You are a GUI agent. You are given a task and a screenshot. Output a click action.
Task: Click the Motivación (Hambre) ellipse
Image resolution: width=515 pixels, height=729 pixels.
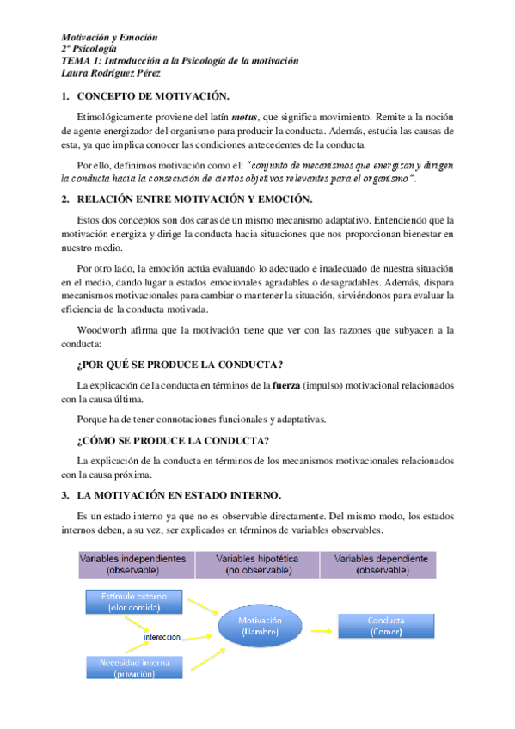[x=260, y=627]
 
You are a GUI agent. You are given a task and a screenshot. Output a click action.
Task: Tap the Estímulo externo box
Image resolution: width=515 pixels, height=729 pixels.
[x=132, y=602]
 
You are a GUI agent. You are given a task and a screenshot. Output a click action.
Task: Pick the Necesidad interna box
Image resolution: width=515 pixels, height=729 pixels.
[x=132, y=667]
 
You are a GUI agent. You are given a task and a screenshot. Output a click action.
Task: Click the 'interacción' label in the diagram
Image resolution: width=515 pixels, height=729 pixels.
[x=162, y=637]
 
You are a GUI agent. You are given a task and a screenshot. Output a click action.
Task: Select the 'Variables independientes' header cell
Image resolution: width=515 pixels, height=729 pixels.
[x=132, y=563]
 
